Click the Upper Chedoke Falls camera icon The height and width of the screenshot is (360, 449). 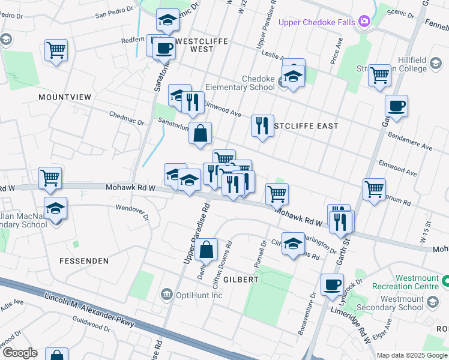364,22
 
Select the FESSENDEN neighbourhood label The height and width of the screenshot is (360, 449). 84,261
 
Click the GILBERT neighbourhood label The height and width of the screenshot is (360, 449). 241,280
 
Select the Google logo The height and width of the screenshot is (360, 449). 19,353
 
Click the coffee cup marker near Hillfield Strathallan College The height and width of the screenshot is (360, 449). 396,106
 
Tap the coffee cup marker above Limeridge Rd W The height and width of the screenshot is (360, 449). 332,284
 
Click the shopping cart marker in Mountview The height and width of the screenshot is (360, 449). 56,50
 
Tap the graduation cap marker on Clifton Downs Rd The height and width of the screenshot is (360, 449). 293,244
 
